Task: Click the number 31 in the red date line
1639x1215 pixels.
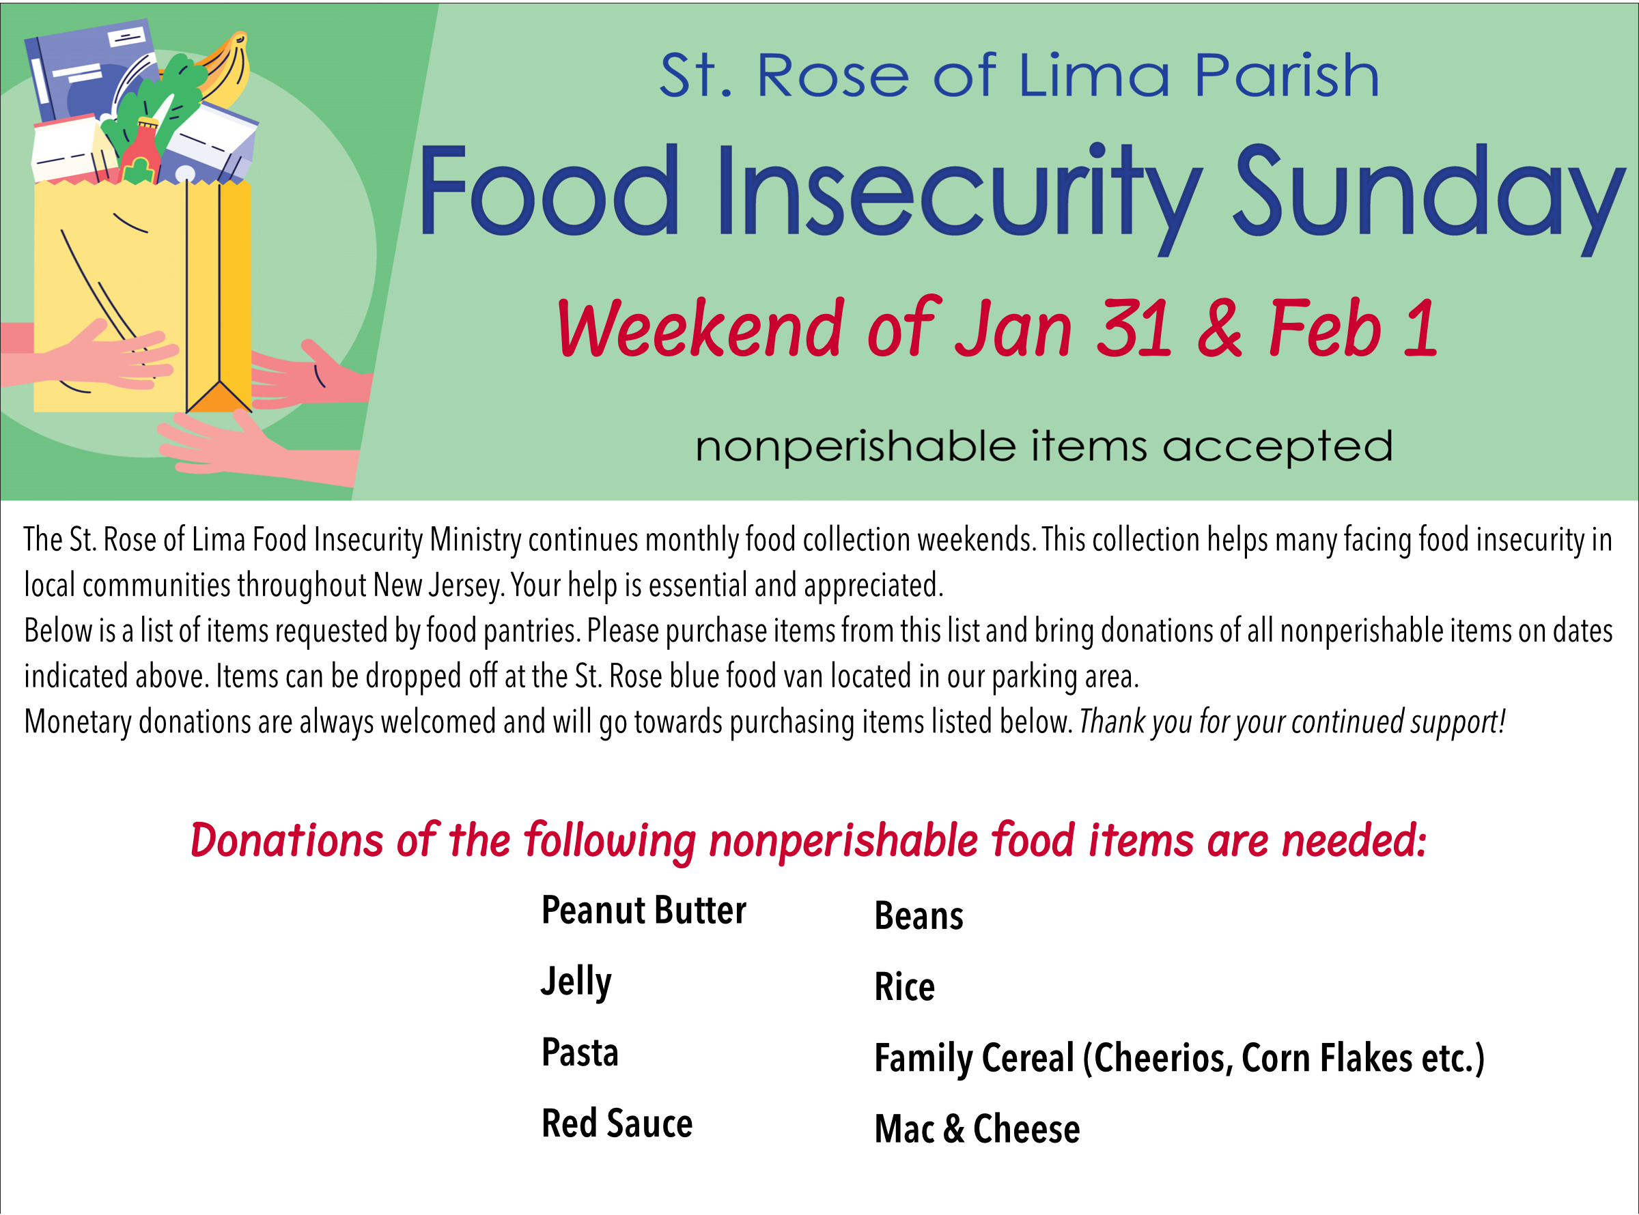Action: pos(1133,329)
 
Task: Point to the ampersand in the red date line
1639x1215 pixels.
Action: pos(1220,329)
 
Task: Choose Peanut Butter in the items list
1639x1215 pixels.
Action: pos(644,911)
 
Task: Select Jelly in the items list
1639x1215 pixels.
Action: pos(576,982)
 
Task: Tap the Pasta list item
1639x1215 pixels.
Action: pos(580,1053)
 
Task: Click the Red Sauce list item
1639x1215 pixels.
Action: pos(617,1124)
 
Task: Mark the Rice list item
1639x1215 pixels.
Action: pos(904,987)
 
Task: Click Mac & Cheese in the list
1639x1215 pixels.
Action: pos(976,1129)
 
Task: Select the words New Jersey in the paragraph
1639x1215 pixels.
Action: pos(438,586)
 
